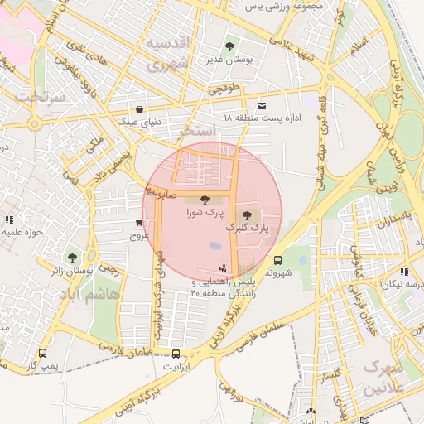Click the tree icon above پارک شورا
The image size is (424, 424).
click(x=205, y=199)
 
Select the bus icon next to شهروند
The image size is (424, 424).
click(x=277, y=258)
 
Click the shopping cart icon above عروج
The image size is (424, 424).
click(x=138, y=224)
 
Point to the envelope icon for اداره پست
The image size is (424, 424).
click(x=263, y=105)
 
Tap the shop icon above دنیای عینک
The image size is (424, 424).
click(x=138, y=108)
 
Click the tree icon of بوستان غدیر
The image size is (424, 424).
click(x=229, y=46)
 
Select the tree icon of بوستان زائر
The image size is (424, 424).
click(x=73, y=257)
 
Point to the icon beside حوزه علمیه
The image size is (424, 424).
click(x=9, y=219)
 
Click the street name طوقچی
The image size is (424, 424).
click(x=223, y=88)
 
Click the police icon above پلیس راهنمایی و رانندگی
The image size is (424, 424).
click(x=222, y=268)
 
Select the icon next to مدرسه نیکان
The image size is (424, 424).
click(x=403, y=271)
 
